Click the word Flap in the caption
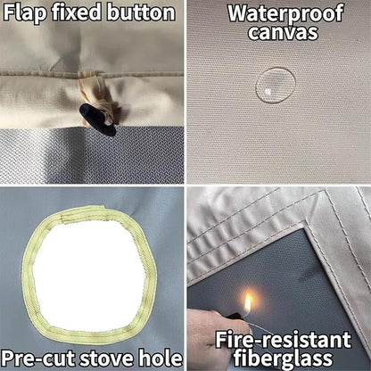coord(26,12)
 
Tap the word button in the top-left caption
coord(141,12)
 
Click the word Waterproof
coord(285,12)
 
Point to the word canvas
coord(283,33)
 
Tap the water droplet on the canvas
coord(276,86)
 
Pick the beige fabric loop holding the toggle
coord(96,95)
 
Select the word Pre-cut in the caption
coord(39,359)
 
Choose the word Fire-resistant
coord(283,340)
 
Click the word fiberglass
coord(283,358)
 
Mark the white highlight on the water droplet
coord(268,92)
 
